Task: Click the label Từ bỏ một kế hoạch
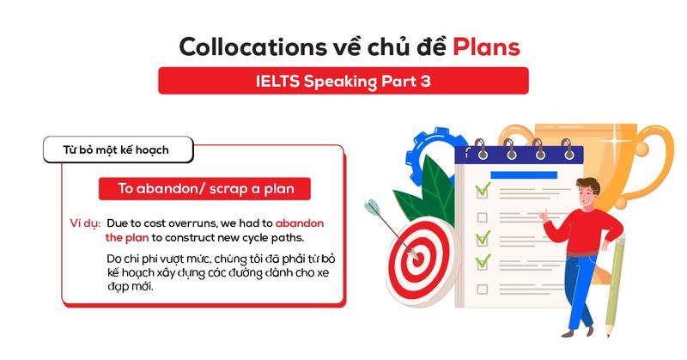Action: click(116, 150)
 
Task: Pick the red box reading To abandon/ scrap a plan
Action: click(203, 188)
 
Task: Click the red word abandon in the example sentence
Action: click(301, 223)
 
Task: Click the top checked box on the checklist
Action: click(483, 186)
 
